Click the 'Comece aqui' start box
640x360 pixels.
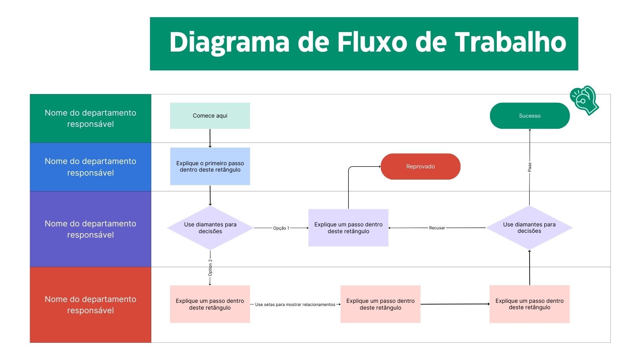210,116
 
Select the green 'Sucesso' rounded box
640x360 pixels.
529,116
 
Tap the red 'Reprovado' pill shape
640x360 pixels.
420,166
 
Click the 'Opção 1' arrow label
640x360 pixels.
281,228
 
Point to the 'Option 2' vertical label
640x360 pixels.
210,268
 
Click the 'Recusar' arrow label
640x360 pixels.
437,228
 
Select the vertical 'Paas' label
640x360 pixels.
529,167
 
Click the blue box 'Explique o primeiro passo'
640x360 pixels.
210,166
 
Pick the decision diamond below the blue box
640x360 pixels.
210,228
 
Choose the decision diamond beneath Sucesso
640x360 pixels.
529,228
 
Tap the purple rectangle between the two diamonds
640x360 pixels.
348,228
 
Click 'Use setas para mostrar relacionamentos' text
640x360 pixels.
295,304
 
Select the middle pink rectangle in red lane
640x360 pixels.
380,304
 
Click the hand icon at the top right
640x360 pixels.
584,100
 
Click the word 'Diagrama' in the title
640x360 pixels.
229,42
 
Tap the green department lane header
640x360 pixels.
90,118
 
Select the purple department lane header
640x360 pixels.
90,229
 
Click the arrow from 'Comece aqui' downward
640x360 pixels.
210,138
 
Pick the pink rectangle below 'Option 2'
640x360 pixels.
210,304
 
